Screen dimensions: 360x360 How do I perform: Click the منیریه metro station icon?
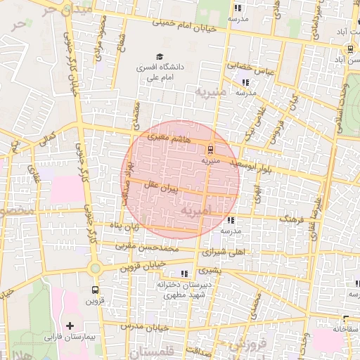(x=210, y=149)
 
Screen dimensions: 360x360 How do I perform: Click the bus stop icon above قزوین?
(x=95, y=288)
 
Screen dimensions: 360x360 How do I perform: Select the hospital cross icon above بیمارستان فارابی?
(x=69, y=326)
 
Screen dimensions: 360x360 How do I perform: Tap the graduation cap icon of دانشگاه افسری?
(x=159, y=56)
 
